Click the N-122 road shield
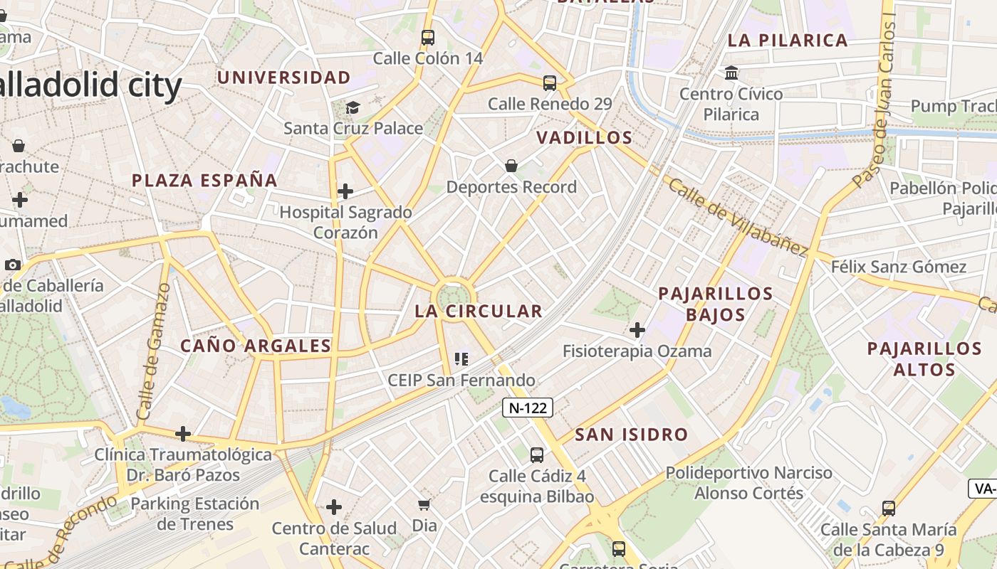[528, 408]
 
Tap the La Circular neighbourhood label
[479, 311]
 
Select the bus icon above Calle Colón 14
[427, 38]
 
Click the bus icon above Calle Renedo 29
[550, 83]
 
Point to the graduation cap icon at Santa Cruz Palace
[353, 107]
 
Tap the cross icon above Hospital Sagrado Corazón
[345, 191]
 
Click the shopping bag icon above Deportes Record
[511, 166]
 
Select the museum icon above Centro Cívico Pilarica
[731, 73]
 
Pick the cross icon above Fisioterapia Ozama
[637, 330]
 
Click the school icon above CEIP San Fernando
[461, 359]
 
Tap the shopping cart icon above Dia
[424, 505]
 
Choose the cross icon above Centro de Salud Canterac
[334, 507]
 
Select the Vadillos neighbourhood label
[585, 137]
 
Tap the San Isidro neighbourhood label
[632, 434]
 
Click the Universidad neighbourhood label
[284, 77]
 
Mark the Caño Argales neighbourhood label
[256, 346]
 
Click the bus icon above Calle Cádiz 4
[537, 455]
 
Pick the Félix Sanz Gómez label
[899, 267]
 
